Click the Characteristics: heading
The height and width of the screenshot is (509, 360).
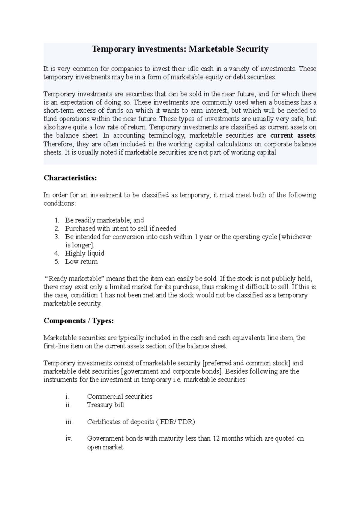pos(70,178)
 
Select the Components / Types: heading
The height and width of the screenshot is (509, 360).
pos(79,321)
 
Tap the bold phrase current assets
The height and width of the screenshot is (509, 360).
pos(293,135)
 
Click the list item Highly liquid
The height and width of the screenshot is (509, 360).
pos(85,253)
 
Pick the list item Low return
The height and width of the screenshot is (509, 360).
pos(81,262)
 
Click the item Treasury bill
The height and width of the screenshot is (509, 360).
pos(105,405)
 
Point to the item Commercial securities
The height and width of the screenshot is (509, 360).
pos(119,397)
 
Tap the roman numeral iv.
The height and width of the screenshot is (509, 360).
pos(68,439)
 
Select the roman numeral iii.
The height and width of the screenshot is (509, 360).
pos(69,422)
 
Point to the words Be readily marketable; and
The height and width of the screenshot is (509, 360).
pos(104,220)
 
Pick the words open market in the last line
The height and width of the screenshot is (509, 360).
pos(105,447)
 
